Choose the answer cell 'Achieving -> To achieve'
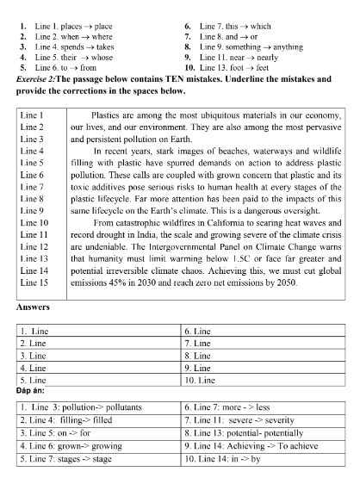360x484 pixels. (263, 459)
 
